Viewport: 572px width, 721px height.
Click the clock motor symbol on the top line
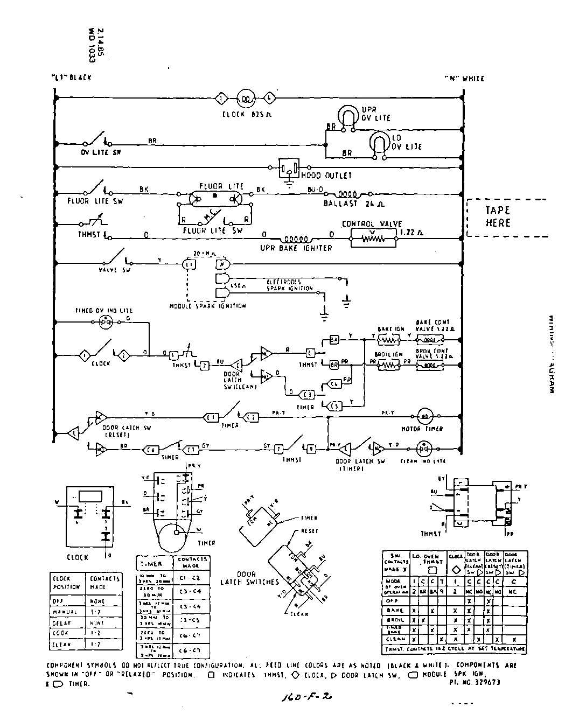pos(246,99)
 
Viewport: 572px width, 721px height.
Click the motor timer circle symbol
pos(424,416)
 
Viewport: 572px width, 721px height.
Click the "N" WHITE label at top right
pos(464,79)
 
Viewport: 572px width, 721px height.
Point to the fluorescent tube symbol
pos(214,198)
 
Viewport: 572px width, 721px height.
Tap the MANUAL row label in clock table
pos(65,612)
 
